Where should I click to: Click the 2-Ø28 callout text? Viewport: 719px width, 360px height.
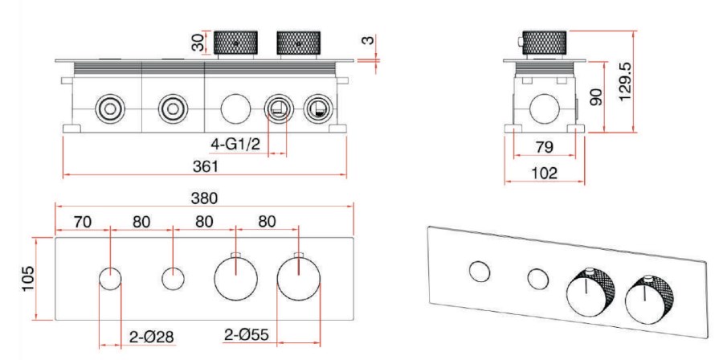[151, 337]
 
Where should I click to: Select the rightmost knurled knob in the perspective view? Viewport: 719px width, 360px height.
[644, 297]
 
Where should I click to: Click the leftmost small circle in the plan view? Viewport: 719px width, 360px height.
[110, 281]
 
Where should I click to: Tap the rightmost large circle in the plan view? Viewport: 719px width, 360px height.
[298, 280]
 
